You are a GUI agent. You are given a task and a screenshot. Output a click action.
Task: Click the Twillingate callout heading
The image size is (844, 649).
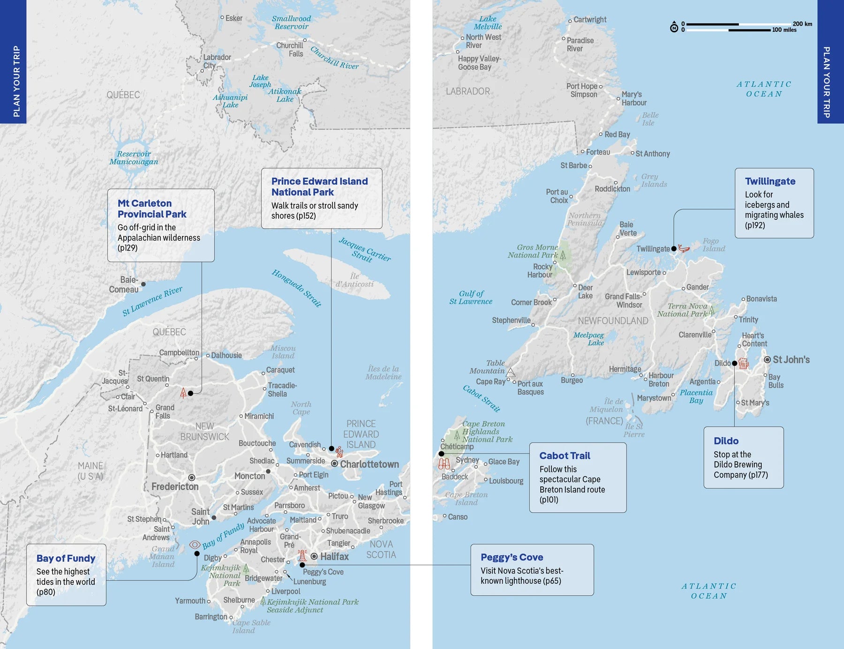[x=770, y=181]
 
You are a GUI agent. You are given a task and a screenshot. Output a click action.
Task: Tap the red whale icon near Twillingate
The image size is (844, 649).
[x=684, y=248]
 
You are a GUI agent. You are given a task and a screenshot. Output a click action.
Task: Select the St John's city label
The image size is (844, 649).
[x=791, y=359]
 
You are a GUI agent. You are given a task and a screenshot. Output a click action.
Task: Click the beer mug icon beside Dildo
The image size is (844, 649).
[x=743, y=363]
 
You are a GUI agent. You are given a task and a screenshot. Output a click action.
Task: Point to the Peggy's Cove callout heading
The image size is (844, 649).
[x=512, y=557]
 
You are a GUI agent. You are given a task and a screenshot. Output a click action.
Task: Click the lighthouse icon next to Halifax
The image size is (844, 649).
[x=302, y=556]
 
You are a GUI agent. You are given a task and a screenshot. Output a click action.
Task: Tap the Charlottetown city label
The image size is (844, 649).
[x=369, y=464]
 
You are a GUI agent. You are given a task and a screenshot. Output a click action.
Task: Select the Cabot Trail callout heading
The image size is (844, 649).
[x=565, y=455]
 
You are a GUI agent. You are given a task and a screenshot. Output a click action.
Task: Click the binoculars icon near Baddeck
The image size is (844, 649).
[x=444, y=464]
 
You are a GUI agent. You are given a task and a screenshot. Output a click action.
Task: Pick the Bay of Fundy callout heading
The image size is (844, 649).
[x=66, y=558]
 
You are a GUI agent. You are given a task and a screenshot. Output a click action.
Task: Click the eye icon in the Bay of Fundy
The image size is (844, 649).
[x=195, y=545]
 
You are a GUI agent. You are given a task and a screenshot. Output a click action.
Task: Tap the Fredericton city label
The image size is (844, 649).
[x=175, y=487]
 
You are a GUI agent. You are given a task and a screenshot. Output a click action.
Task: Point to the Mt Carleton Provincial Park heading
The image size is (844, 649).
[x=151, y=209]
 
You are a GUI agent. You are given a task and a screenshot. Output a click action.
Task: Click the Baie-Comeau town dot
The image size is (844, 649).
[x=143, y=284]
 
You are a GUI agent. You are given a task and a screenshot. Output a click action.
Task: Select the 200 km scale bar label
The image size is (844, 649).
[x=802, y=24]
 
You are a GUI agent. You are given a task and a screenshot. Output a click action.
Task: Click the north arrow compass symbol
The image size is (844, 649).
[x=674, y=27]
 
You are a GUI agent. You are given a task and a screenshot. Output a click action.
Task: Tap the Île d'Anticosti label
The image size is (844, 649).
[x=354, y=280]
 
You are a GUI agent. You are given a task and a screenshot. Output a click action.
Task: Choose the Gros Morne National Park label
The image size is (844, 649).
[x=533, y=251]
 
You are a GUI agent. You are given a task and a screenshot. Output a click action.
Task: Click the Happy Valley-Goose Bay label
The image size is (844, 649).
[x=479, y=63]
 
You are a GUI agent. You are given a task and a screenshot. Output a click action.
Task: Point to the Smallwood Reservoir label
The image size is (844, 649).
[x=291, y=22]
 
